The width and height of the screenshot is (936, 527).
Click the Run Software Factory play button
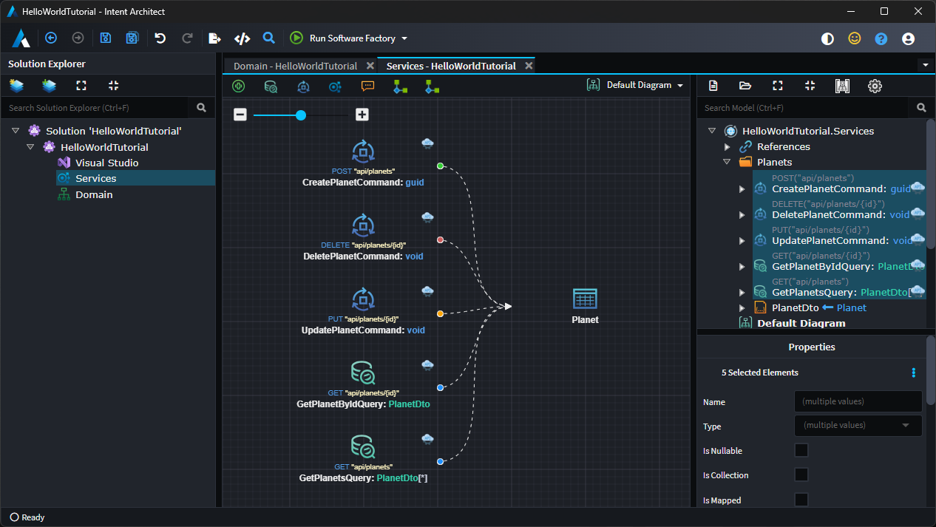[x=296, y=38]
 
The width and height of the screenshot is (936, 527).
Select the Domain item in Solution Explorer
[x=94, y=194]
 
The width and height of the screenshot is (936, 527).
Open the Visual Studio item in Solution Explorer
[x=106, y=163]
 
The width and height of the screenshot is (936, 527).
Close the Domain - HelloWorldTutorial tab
[x=370, y=66]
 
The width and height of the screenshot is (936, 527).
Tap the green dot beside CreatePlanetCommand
[x=440, y=166]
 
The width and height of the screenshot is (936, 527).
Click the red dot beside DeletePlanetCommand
[x=440, y=240]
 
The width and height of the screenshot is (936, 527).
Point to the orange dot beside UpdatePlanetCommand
[x=440, y=314]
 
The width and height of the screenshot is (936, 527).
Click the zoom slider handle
[x=301, y=115]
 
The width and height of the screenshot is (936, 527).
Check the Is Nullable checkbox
[x=801, y=450]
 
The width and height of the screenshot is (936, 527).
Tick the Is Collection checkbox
[x=801, y=475]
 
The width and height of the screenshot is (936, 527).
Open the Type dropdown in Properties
[x=858, y=426]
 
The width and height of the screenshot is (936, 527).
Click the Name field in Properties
[x=858, y=401]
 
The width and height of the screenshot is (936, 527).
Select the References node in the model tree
[x=783, y=146]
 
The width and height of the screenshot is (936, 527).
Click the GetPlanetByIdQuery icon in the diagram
[x=363, y=373]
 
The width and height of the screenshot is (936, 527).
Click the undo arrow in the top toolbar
[x=160, y=38]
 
